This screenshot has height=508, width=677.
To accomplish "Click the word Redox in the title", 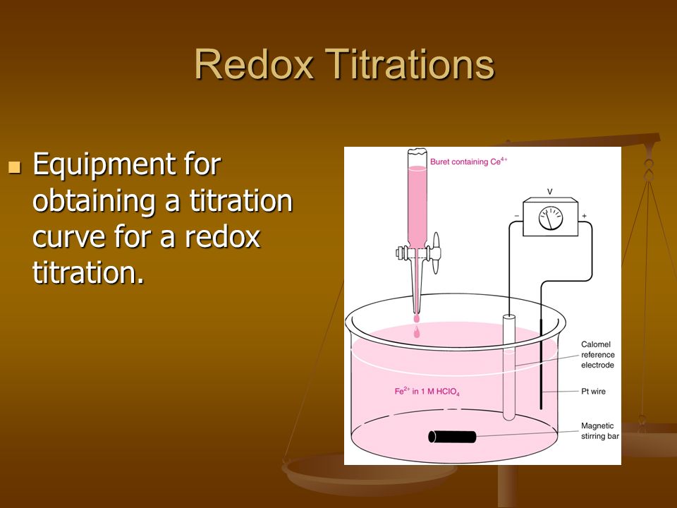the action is pyautogui.click(x=254, y=64).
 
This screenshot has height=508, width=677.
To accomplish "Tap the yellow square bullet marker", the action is pyautogui.click(x=15, y=167).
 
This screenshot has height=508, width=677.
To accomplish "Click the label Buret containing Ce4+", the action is pyautogui.click(x=468, y=162).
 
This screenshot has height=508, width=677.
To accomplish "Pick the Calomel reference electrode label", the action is pyautogui.click(x=597, y=355).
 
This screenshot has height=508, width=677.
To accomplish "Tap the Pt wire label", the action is pyautogui.click(x=593, y=392).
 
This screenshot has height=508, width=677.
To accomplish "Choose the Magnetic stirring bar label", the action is pyautogui.click(x=599, y=431).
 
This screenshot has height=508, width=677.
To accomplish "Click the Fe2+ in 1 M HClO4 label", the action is pyautogui.click(x=427, y=392).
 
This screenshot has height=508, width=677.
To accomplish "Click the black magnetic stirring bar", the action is pyautogui.click(x=452, y=437).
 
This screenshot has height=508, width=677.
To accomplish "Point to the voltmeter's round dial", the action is pyautogui.click(x=551, y=218).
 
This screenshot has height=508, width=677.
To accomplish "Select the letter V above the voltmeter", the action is pyautogui.click(x=549, y=191).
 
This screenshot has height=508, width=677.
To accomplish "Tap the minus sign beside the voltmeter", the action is pyautogui.click(x=517, y=216).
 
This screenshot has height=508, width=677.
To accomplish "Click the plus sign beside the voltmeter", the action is pyautogui.click(x=584, y=216).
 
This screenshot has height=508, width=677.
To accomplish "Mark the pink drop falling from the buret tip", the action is pyautogui.click(x=417, y=332).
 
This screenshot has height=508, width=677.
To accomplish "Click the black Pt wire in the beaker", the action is pyautogui.click(x=541, y=364).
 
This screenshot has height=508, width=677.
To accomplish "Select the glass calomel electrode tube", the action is pyautogui.click(x=509, y=367).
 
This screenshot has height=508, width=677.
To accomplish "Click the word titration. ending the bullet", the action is pyautogui.click(x=88, y=272).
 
